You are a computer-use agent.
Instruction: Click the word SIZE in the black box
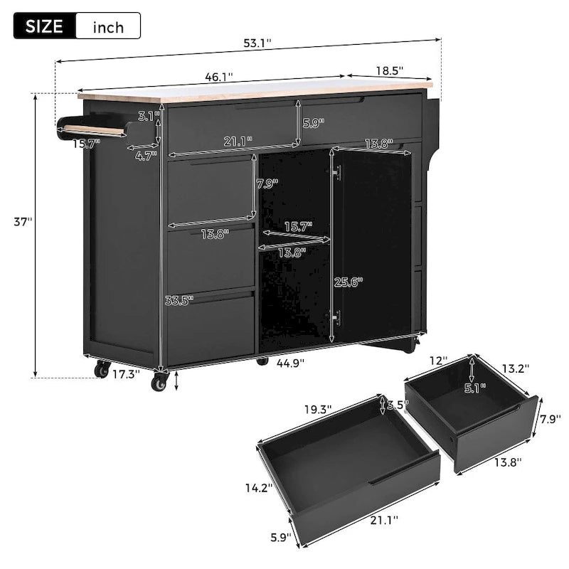tap(44, 27)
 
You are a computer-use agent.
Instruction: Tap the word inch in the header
tap(108, 28)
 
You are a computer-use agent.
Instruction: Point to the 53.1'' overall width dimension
tap(257, 44)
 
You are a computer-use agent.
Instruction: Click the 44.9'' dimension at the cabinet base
tap(291, 362)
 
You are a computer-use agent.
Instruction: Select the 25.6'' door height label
tap(349, 282)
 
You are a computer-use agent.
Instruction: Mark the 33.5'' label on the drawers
tap(179, 300)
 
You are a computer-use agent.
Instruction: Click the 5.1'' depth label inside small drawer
tap(473, 388)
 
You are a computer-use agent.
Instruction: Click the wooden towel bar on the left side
tap(92, 129)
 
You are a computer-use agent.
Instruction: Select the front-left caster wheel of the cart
tap(159, 383)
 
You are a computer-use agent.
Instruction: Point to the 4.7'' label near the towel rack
tap(146, 156)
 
